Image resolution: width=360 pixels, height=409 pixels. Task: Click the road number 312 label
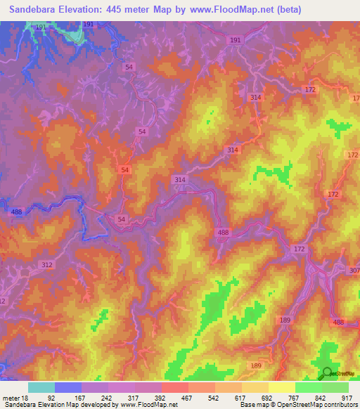click(48, 264)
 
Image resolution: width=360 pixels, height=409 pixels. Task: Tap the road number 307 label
click(354, 271)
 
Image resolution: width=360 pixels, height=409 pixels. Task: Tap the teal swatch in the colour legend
click(41, 387)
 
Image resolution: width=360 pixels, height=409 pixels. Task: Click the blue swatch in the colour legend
click(67, 387)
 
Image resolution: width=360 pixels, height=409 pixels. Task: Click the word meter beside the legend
click(11, 397)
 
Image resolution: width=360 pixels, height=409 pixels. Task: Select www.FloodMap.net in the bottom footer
click(149, 405)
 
